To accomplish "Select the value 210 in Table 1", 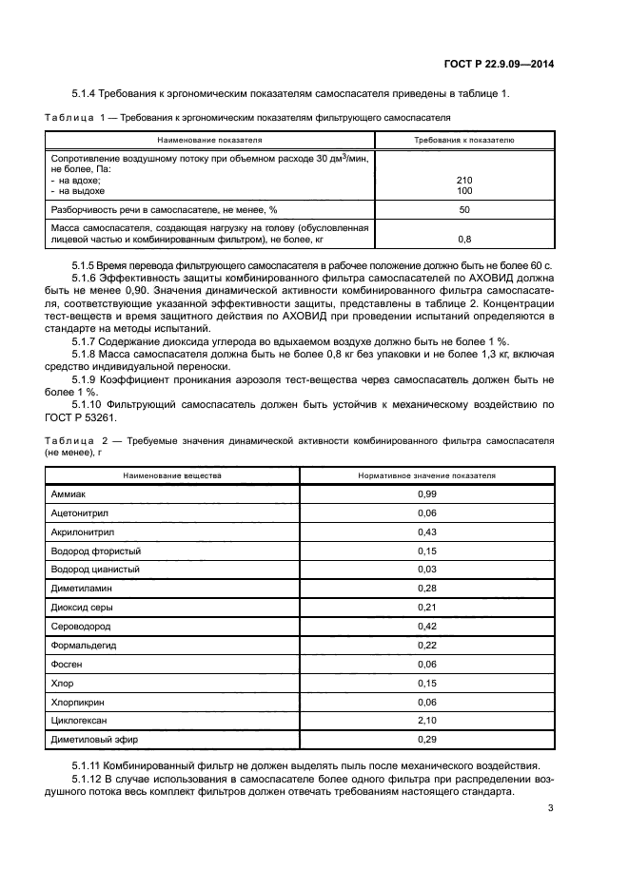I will click(x=464, y=180).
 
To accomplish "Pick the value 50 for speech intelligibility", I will click(x=464, y=209).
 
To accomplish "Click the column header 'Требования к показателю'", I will click(x=464, y=140).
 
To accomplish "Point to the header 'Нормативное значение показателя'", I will click(x=427, y=473).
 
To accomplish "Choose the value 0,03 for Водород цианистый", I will click(x=427, y=569).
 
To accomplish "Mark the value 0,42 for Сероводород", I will click(x=427, y=626).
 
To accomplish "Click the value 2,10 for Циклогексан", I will click(x=427, y=720).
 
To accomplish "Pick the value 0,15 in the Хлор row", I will click(x=427, y=683).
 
